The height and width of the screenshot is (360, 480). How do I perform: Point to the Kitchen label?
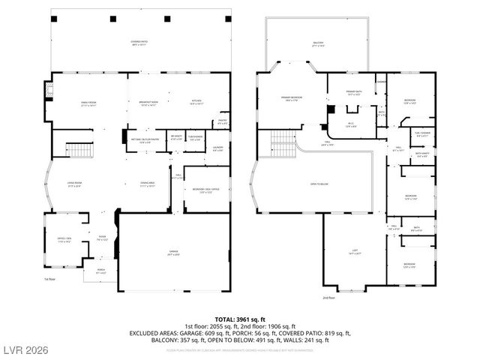pyautogui.click(x=196, y=103)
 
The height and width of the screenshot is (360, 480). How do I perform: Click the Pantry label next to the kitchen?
pyautogui.click(x=222, y=121)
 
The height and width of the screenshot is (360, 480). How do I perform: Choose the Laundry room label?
pyautogui.click(x=218, y=148)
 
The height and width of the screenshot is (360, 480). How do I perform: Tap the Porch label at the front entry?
pyautogui.click(x=101, y=271)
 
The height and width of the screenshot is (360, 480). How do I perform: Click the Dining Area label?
pyautogui.click(x=146, y=184)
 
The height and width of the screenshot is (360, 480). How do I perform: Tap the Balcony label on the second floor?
pyautogui.click(x=318, y=44)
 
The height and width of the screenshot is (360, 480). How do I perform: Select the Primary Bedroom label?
pyautogui.click(x=291, y=98)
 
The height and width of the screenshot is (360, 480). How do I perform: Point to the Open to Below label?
pyautogui.click(x=319, y=184)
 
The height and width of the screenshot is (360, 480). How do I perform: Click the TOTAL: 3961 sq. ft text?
pyautogui.click(x=239, y=318)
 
